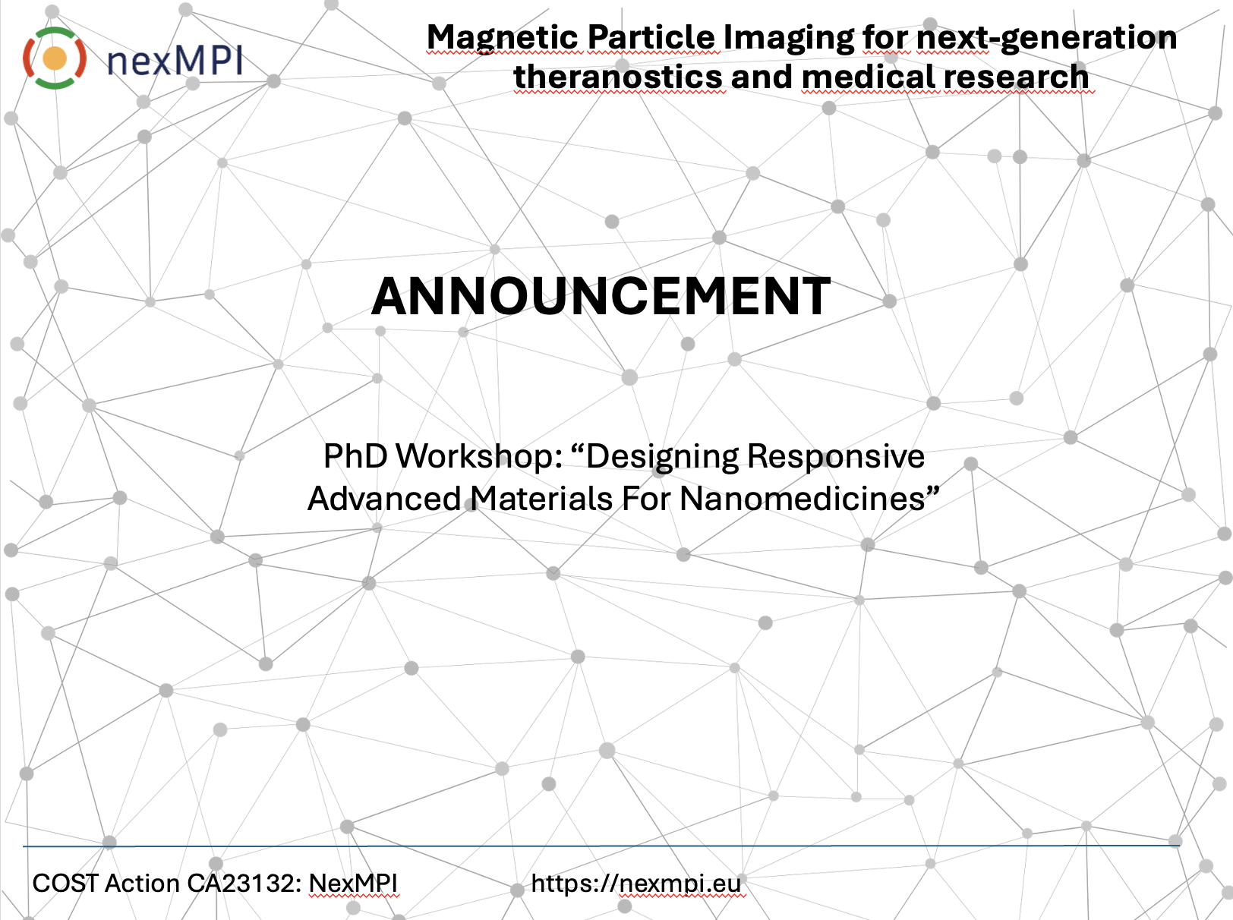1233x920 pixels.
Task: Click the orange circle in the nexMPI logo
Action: click(55, 58)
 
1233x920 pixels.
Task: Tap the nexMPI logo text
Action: click(175, 61)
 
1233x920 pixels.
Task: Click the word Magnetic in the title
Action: click(503, 38)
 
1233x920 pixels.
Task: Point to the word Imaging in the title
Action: click(788, 38)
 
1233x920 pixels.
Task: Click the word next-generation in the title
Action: click(1046, 38)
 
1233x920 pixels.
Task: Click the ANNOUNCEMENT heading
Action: click(601, 296)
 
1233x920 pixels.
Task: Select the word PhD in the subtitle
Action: click(355, 455)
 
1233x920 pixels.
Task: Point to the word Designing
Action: click(662, 457)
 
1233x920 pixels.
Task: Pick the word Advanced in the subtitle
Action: click(384, 498)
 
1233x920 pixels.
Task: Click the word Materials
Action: click(541, 498)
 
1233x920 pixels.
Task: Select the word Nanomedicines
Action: click(803, 498)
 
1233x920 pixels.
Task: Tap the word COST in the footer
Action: click(66, 883)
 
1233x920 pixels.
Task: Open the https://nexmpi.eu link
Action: click(636, 884)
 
